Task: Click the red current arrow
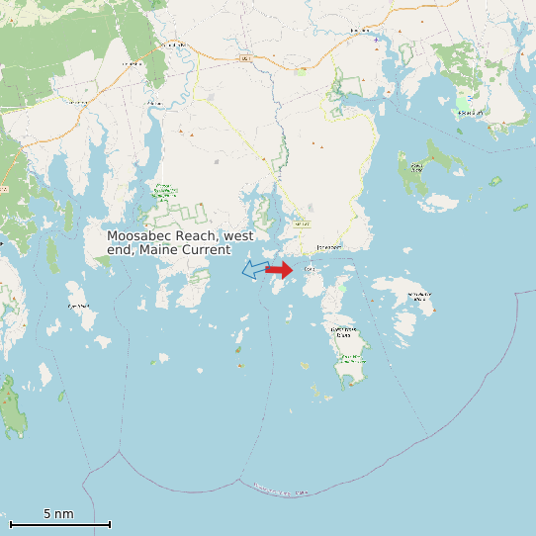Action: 279,269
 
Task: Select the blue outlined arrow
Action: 254,270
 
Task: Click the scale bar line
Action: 59,524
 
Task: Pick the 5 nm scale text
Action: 58,514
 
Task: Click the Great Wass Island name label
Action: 343,331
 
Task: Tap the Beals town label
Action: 309,269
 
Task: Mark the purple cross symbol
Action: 376,39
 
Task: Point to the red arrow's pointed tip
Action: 293,269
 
